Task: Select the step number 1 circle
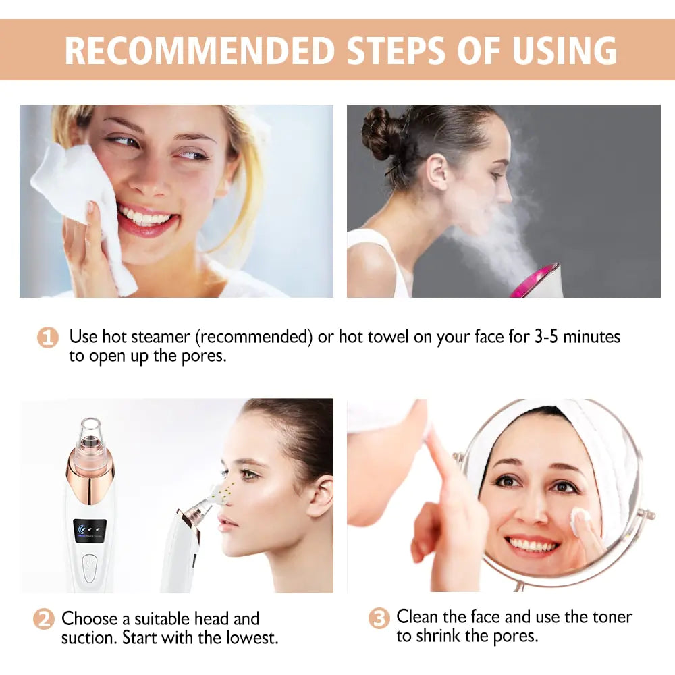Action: tap(47, 337)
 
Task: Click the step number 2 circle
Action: tap(44, 619)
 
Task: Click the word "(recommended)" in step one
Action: tap(256, 336)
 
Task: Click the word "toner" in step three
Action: tap(610, 616)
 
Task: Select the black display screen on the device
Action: tap(90, 529)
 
